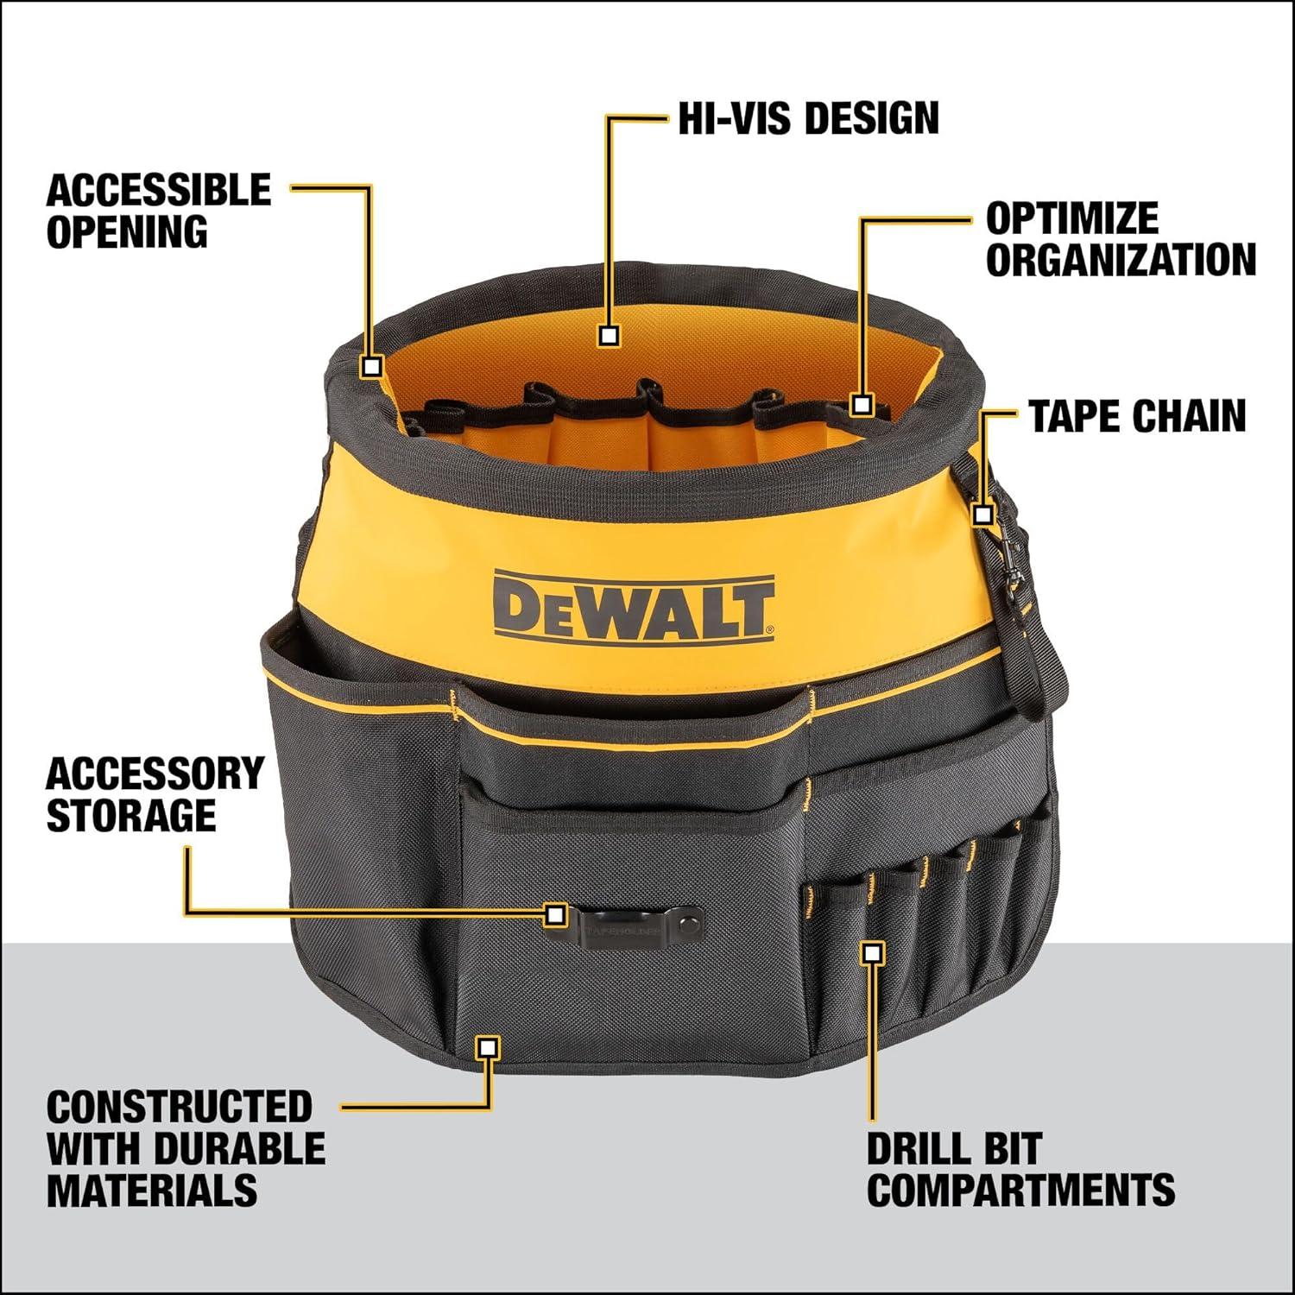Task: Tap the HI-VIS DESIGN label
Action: [808, 118]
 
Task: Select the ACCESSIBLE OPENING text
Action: [159, 212]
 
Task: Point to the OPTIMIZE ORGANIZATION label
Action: [1121, 239]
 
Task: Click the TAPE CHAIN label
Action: [1137, 416]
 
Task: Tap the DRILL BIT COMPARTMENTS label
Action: [1020, 1170]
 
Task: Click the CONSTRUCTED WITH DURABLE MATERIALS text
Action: [186, 1148]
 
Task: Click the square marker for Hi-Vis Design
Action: [610, 336]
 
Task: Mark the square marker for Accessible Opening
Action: [372, 366]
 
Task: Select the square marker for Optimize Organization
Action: [862, 403]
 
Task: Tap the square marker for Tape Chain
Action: [982, 515]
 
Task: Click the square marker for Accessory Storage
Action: [556, 913]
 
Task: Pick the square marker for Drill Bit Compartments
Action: [874, 953]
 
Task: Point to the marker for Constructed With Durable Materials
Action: [488, 1047]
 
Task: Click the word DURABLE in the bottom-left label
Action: [241, 1148]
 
